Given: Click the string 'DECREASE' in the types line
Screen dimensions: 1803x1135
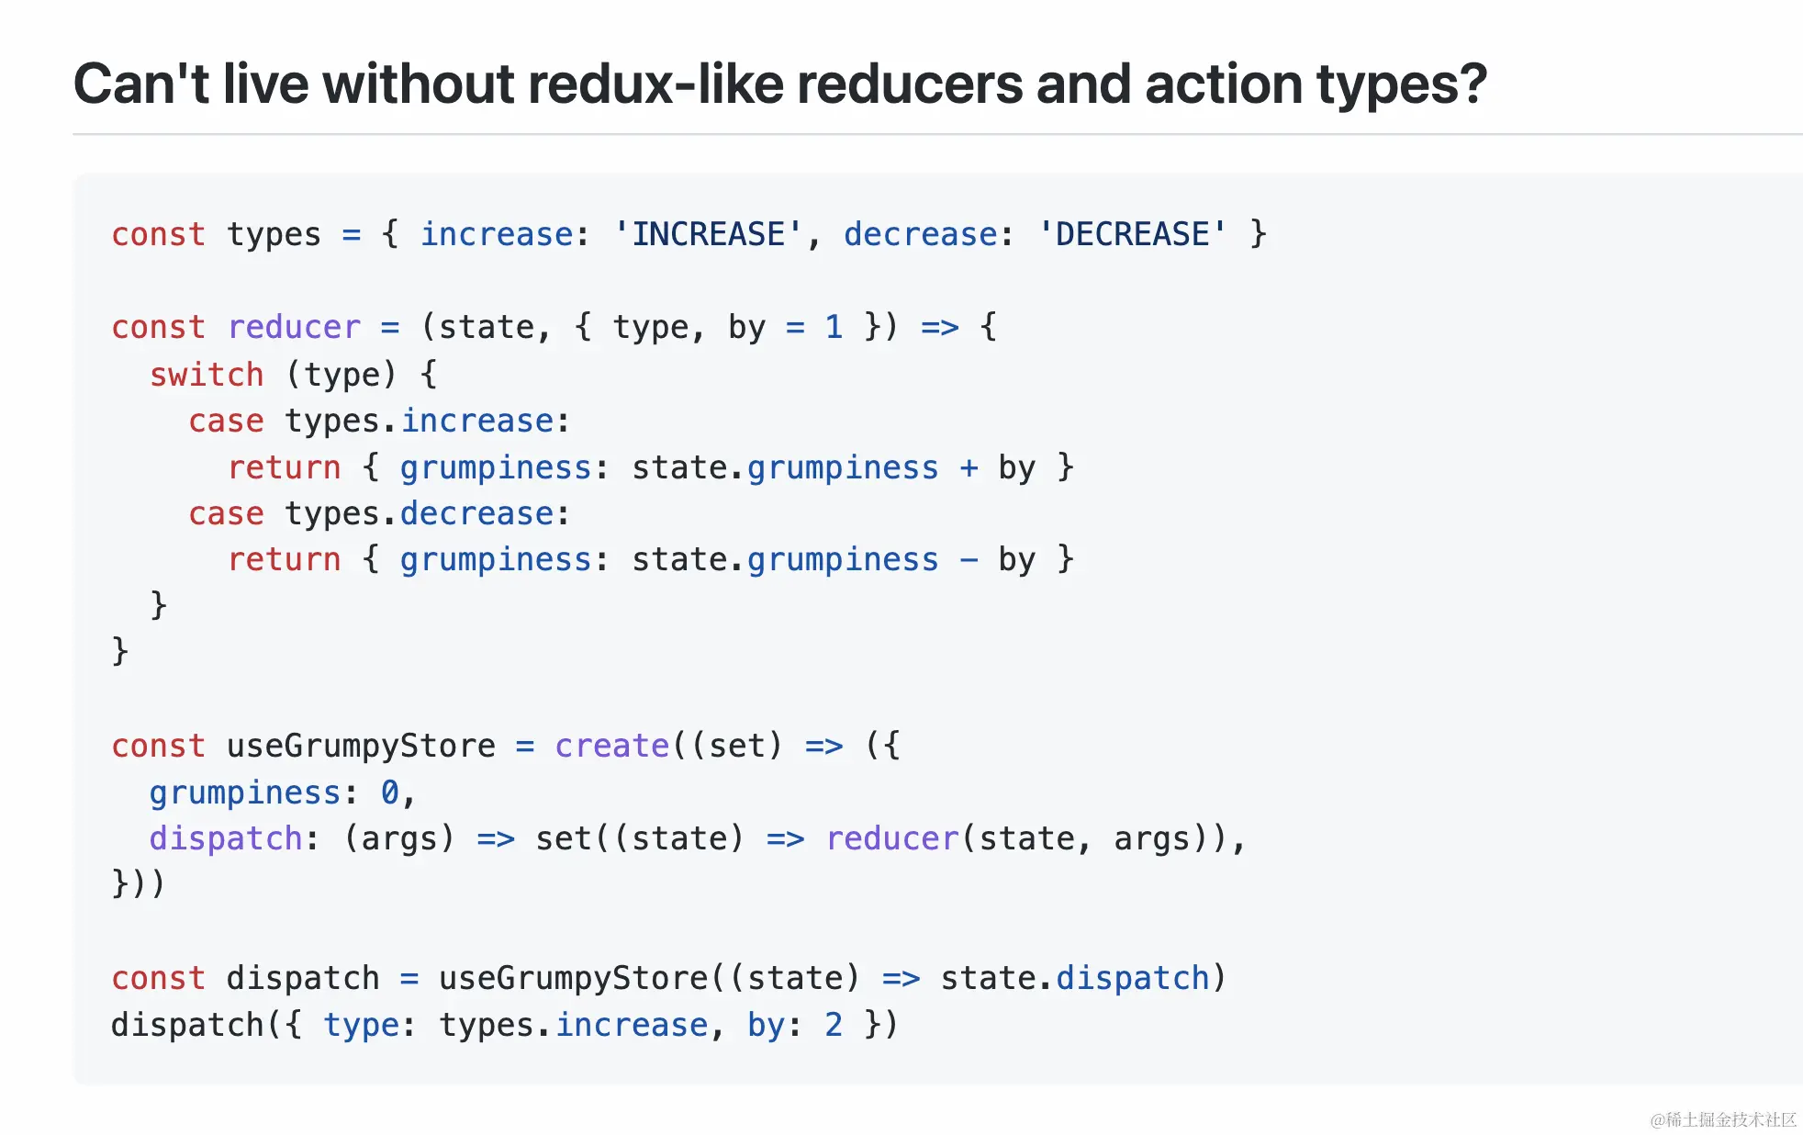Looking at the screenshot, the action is click(x=1132, y=235).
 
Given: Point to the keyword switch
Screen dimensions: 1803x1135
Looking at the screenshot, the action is click(x=207, y=375).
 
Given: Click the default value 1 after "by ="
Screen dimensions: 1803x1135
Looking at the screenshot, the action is click(x=834, y=328).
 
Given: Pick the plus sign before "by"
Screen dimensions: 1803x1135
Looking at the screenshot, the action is click(x=969, y=468).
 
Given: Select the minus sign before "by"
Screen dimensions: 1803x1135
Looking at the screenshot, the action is click(x=969, y=560).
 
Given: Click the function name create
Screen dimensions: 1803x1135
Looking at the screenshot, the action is click(x=612, y=746).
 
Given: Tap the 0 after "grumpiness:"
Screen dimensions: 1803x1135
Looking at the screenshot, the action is click(x=390, y=792).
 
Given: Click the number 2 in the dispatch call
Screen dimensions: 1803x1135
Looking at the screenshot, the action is click(x=834, y=1025).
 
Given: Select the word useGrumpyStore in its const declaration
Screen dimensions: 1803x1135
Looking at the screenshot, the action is click(x=361, y=746).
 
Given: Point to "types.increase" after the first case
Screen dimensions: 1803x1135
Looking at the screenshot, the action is click(x=420, y=421).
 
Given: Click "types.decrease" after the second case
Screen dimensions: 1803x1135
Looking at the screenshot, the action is click(x=420, y=514).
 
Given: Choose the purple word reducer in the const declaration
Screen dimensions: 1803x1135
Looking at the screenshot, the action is click(x=294, y=328).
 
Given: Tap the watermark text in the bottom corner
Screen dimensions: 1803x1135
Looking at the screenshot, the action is click(x=1722, y=1119).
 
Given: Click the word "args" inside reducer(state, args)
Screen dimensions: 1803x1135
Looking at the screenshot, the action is click(x=1151, y=839).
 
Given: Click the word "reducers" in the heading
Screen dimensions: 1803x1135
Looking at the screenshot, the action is click(x=910, y=84).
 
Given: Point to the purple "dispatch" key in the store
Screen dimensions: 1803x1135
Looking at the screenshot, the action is click(x=226, y=839).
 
